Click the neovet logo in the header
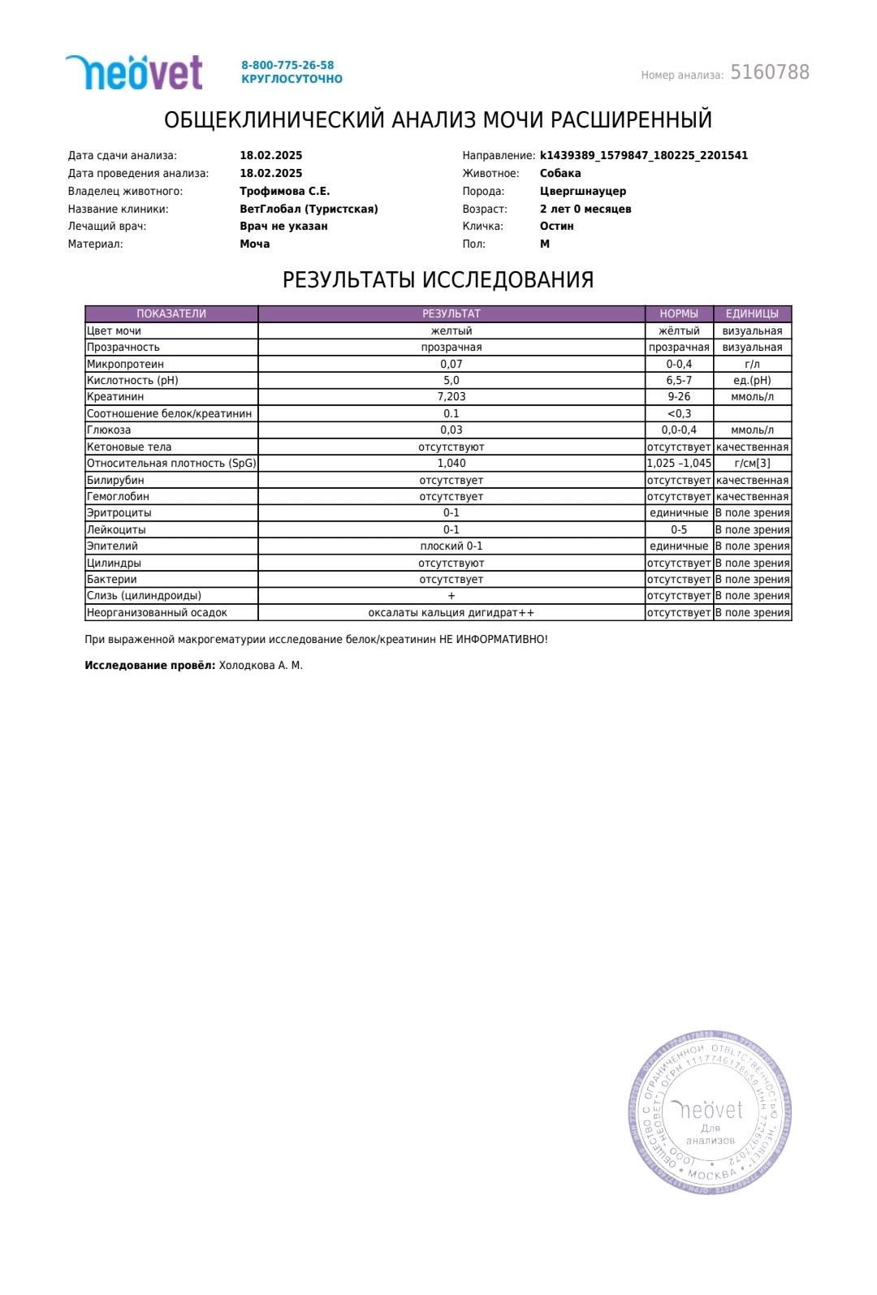pos(134,72)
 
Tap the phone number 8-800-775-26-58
pos(287,65)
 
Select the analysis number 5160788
pos(769,73)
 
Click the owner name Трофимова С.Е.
pos(284,192)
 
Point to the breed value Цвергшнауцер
pos(582,192)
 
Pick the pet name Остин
pos(556,227)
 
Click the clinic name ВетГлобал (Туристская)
pos(309,209)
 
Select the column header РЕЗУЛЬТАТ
pos(451,313)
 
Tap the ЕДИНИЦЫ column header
pos(752,313)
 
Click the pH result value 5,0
pos(451,380)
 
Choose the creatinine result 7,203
pos(451,397)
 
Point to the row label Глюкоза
pos(109,430)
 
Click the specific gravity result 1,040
pos(451,464)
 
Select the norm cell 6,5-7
pos(679,380)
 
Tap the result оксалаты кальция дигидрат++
pos(451,613)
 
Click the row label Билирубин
pos(115,480)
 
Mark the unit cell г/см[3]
pos(752,464)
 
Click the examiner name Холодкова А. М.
pos(261,666)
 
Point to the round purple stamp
pos(710,1112)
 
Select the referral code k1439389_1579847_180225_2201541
pos(643,156)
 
